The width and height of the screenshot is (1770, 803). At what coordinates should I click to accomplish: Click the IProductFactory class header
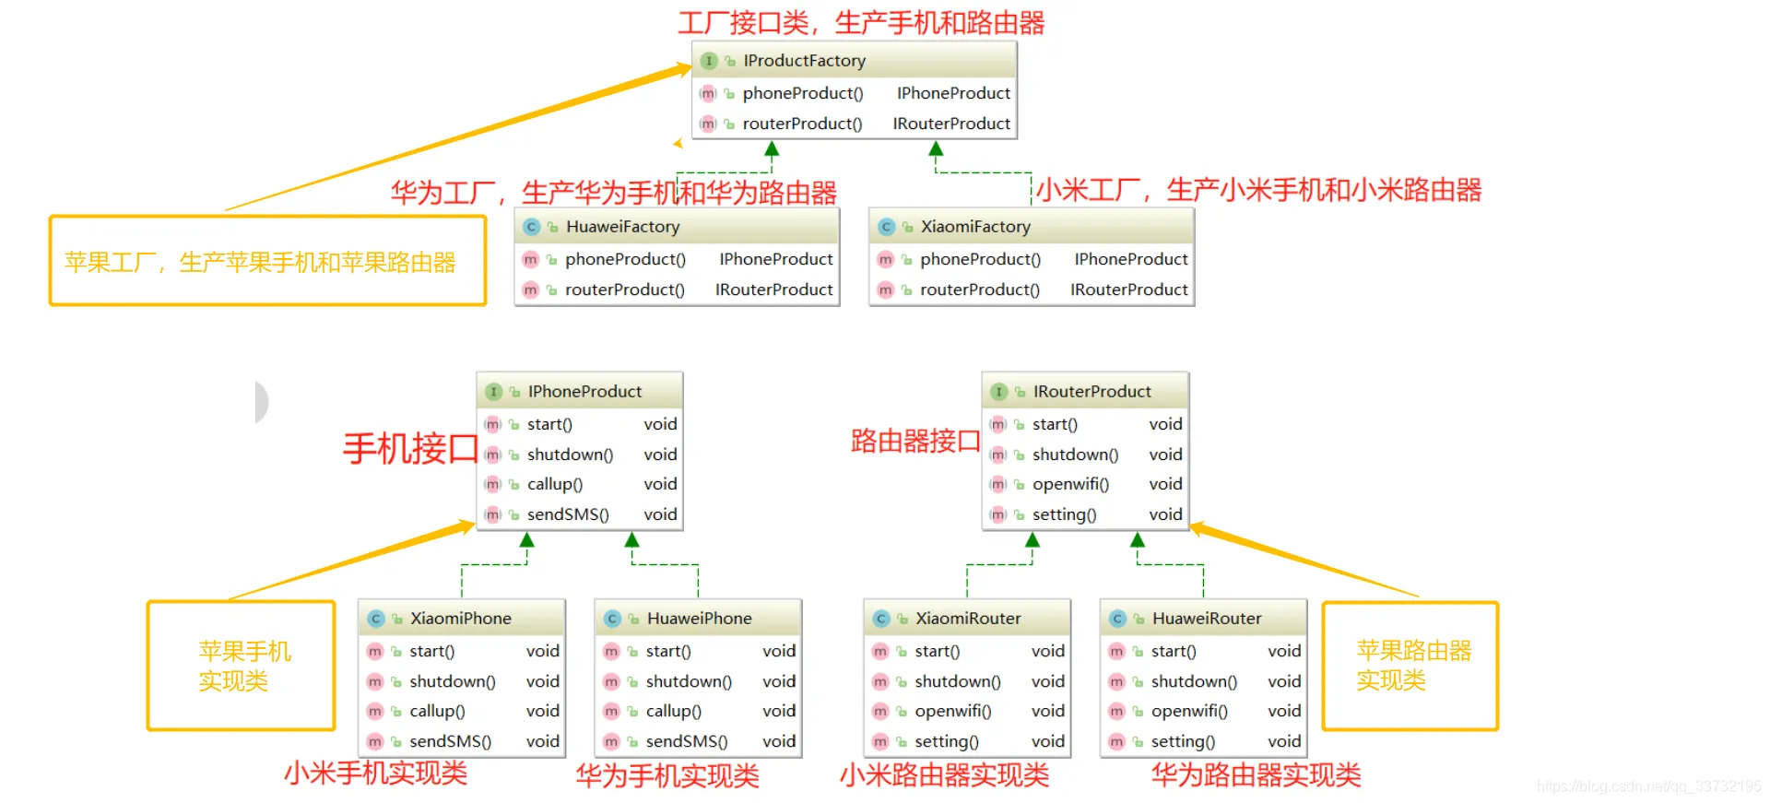pyautogui.click(x=804, y=61)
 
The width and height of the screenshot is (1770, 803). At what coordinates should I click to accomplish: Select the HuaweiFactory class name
pyautogui.click(x=622, y=227)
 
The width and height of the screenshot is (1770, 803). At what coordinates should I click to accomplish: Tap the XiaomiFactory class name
pyautogui.click(x=975, y=227)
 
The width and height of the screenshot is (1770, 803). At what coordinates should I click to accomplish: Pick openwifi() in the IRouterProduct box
pyautogui.click(x=1070, y=484)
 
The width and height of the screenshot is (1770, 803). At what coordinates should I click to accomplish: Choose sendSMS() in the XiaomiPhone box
pyautogui.click(x=450, y=741)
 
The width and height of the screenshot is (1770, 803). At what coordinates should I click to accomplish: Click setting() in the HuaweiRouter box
pyautogui.click(x=1183, y=741)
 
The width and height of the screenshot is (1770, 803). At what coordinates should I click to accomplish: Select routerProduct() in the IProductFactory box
pyautogui.click(x=802, y=124)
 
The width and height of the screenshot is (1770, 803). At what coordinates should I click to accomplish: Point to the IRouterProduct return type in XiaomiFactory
pyautogui.click(x=1128, y=289)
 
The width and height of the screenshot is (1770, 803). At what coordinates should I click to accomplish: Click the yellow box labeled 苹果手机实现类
pyautogui.click(x=242, y=666)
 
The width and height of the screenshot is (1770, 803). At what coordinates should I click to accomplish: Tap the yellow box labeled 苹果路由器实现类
pyautogui.click(x=1410, y=666)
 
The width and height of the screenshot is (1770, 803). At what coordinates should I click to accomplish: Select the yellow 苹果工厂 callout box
pyautogui.click(x=267, y=261)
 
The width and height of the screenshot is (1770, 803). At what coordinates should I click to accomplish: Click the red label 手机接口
pyautogui.click(x=410, y=449)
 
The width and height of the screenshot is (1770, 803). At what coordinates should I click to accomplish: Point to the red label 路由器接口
pyautogui.click(x=914, y=442)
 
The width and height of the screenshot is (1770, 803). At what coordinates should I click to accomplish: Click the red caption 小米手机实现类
pyautogui.click(x=375, y=773)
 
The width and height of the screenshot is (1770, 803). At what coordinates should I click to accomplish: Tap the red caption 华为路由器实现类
pyautogui.click(x=1256, y=774)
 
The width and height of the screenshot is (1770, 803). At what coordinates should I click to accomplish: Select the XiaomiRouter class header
pyautogui.click(x=967, y=619)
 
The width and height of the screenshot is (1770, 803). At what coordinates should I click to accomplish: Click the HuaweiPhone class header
pyautogui.click(x=699, y=619)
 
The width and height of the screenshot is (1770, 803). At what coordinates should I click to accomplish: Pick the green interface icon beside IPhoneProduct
pyautogui.click(x=493, y=392)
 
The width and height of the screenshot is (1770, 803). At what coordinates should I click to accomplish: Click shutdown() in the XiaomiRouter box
pyautogui.click(x=957, y=681)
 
